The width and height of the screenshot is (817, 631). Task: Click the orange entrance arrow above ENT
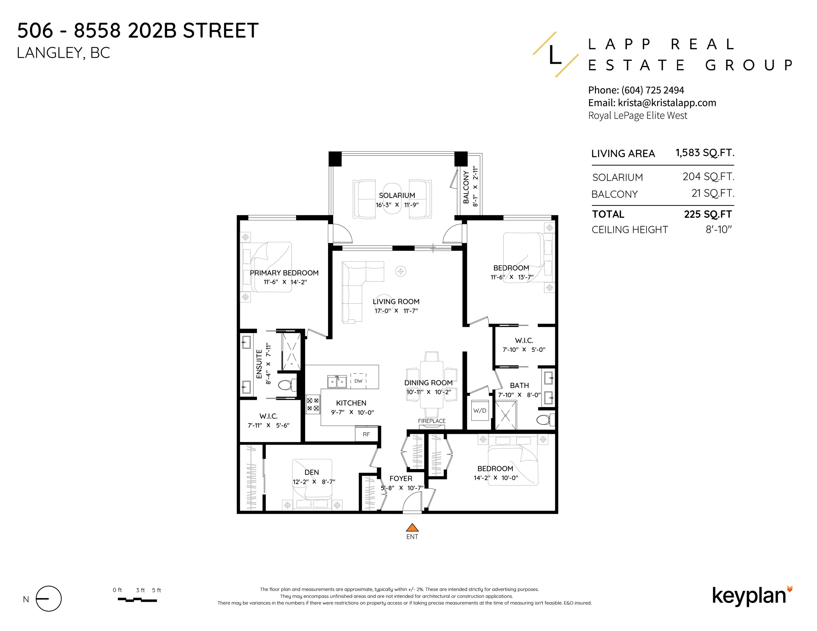point(412,527)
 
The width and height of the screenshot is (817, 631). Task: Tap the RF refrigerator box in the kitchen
point(366,434)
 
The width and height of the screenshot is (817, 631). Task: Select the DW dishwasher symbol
point(358,381)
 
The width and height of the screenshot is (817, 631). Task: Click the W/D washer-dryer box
point(480,411)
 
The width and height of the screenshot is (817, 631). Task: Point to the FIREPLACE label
point(432,421)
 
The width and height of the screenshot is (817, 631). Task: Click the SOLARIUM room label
point(397,195)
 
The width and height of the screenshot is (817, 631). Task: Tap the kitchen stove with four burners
point(313,405)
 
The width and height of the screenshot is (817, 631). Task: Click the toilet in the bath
point(545,419)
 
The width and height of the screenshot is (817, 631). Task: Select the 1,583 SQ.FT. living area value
point(705,153)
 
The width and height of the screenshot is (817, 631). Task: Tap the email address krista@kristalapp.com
point(667,103)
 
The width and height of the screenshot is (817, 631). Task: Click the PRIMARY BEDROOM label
point(284,273)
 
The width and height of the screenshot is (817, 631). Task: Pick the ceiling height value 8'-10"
point(719,229)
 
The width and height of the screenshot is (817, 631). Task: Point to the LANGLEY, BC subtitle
point(64,53)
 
